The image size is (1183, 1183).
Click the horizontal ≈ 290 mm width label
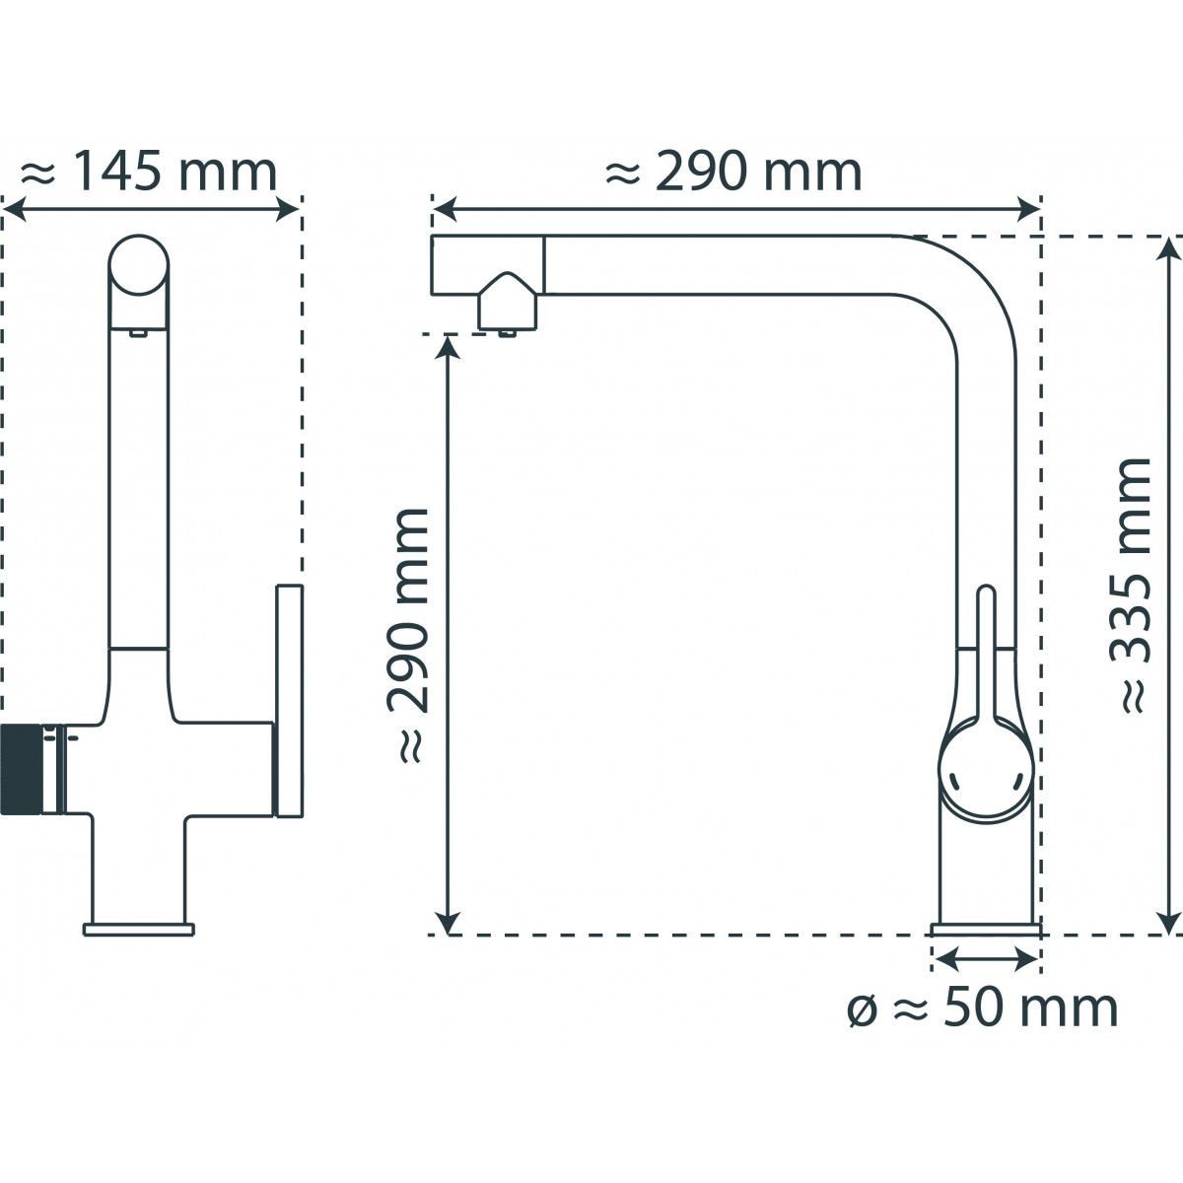coord(733,173)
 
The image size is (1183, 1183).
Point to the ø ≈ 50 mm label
coord(983,1008)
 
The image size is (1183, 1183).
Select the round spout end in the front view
coord(138,265)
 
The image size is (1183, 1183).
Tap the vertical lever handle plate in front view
coord(289,701)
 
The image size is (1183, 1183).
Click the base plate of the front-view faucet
coord(139,928)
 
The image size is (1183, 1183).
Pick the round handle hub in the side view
coord(986,769)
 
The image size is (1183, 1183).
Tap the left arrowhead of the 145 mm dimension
coord(12,208)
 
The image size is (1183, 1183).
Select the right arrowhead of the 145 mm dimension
coord(291,208)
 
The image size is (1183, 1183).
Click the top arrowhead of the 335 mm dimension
coord(1169,246)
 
